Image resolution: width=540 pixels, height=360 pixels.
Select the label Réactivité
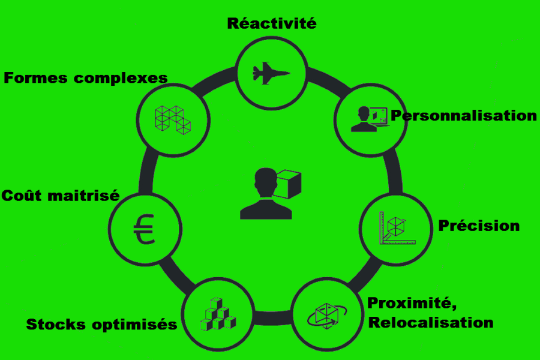point(271,24)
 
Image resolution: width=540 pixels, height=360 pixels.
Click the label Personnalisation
point(463,115)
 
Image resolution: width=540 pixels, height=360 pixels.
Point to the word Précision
point(479,226)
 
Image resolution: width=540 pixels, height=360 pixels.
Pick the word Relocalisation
point(430,322)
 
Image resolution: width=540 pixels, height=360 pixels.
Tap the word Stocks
point(56,325)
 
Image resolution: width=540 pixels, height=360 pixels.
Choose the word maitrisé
point(86,196)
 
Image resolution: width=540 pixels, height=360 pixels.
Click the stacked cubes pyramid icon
point(217,315)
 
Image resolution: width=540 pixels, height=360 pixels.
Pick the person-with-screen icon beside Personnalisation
point(367,118)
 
